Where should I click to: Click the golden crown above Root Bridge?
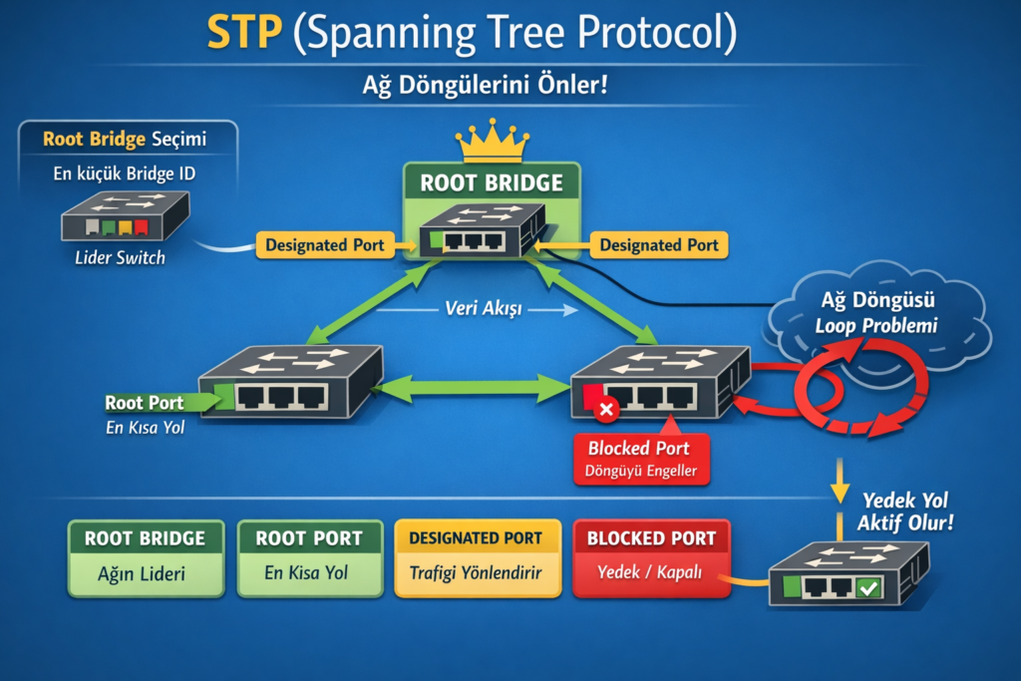click(492, 142)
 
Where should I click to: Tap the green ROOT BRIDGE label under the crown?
click(492, 183)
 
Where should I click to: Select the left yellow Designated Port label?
click(326, 244)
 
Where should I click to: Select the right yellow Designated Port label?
click(659, 244)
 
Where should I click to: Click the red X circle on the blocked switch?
click(606, 410)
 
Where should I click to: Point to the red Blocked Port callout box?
click(642, 458)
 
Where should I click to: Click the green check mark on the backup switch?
click(868, 589)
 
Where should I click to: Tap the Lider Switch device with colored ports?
click(126, 217)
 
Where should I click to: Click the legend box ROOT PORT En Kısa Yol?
click(309, 557)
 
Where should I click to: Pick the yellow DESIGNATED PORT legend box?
click(477, 557)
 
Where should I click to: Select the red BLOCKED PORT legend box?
click(651, 557)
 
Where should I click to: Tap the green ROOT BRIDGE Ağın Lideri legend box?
click(145, 557)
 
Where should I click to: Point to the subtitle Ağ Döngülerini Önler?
click(485, 85)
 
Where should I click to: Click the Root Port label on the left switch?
click(145, 403)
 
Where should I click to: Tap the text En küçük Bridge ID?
click(126, 173)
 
